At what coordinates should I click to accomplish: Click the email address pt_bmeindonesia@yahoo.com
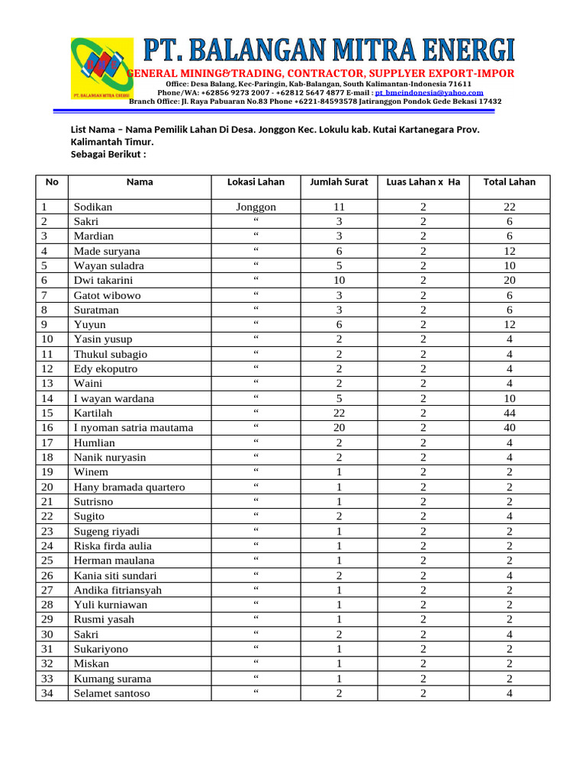(429, 92)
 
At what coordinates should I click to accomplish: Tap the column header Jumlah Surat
(339, 182)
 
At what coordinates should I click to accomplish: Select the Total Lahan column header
(509, 182)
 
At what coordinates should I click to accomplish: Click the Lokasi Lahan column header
(256, 182)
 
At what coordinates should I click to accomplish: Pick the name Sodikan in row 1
(93, 207)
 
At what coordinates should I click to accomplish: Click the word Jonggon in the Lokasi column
(256, 207)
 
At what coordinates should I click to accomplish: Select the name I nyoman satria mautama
(133, 428)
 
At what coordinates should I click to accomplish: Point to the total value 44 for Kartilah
(509, 413)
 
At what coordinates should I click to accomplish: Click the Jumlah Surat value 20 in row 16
(339, 428)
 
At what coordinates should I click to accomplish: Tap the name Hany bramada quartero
(129, 487)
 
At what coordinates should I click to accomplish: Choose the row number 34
(48, 693)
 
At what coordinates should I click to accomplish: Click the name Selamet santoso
(111, 693)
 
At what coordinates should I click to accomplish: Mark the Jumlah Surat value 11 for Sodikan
(339, 207)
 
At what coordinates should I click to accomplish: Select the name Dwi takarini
(104, 281)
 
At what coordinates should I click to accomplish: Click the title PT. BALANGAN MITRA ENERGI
(330, 51)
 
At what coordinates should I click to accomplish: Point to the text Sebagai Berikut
(108, 154)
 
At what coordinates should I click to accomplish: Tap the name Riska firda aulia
(112, 546)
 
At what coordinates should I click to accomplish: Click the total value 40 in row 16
(509, 428)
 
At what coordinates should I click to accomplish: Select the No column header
(51, 182)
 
